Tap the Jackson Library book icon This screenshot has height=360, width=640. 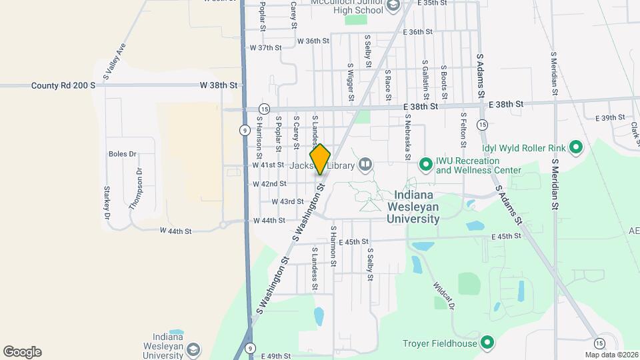pyautogui.click(x=365, y=164)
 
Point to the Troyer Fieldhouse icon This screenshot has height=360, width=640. pyautogui.click(x=487, y=344)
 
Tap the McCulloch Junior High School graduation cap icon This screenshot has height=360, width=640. pyautogui.click(x=393, y=6)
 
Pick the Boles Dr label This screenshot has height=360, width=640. pyautogui.click(x=122, y=154)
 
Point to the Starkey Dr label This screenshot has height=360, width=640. pyautogui.click(x=106, y=203)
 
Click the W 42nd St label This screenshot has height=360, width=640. pyautogui.click(x=269, y=183)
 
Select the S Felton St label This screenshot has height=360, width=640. pyautogui.click(x=462, y=129)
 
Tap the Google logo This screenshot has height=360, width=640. pyautogui.click(x=22, y=352)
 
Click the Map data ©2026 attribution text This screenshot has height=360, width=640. pyautogui.click(x=612, y=355)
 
